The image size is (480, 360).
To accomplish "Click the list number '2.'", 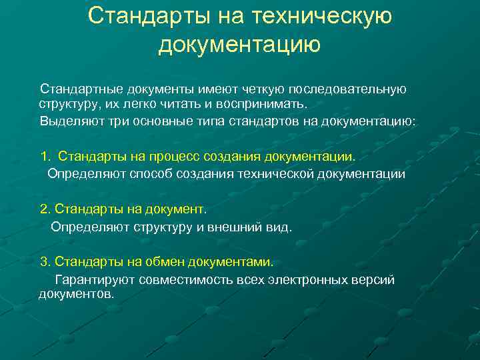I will point(45,209).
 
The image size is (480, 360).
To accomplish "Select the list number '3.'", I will point(45,261).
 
